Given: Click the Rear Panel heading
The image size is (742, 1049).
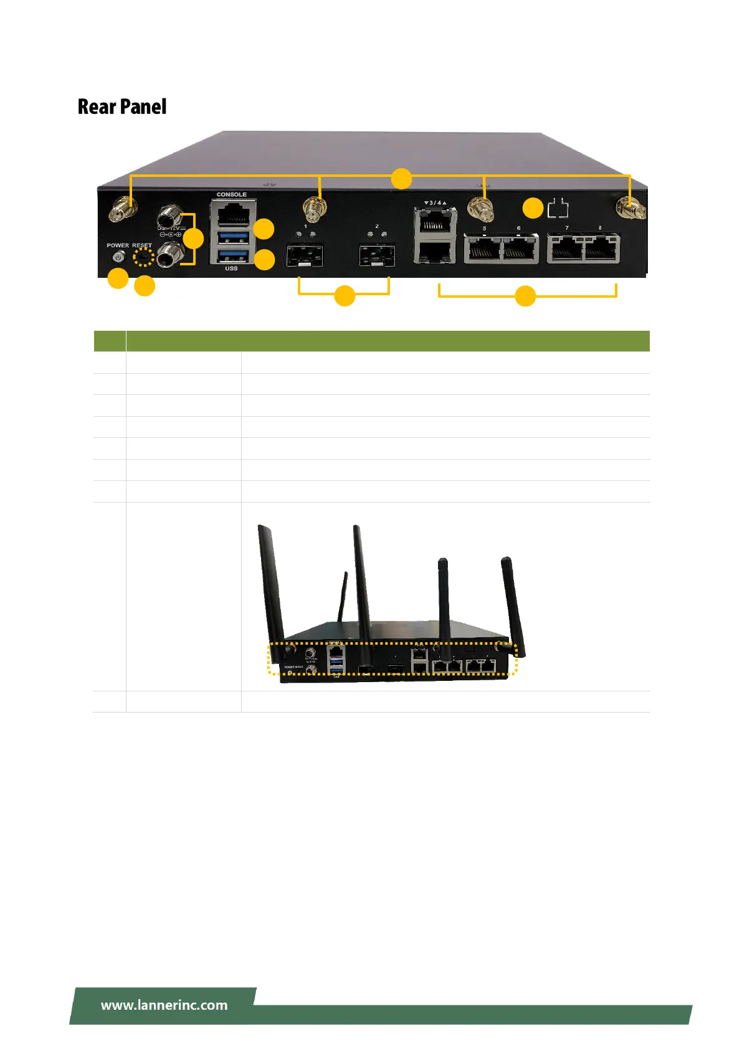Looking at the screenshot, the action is pos(122,107).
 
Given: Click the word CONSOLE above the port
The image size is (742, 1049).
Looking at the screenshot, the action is pos(231,195).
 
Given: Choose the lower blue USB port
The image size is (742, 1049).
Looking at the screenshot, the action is pos(233,256).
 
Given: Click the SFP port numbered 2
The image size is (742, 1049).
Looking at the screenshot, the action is pos(376,254).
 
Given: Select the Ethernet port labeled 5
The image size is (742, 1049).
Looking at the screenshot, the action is pos(483,249).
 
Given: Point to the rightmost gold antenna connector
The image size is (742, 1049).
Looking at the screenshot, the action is pos(631,209).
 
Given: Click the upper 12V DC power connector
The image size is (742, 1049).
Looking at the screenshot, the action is pos(169,219).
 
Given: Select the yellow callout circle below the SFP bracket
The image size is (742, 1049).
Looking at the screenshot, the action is pos(345,296).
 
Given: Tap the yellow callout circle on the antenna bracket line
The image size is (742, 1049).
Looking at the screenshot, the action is pos(401,179).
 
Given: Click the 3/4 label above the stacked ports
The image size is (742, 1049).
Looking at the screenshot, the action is pos(435,203).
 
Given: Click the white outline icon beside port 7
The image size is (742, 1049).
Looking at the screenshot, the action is pos(558,208).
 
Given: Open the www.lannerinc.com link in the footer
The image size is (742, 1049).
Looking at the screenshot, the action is pos(164,1005).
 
